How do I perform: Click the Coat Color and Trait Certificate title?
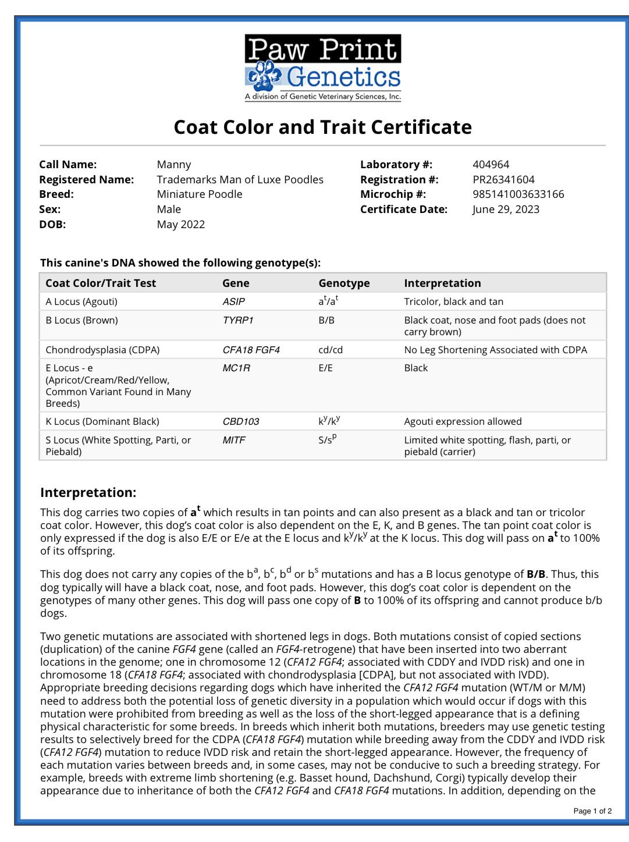tap(322, 127)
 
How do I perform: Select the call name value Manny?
tap(174, 165)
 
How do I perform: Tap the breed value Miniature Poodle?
tap(200, 194)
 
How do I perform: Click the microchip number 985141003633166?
tap(518, 194)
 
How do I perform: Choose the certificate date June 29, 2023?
tap(506, 209)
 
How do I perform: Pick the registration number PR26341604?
tap(503, 180)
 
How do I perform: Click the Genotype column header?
tap(344, 283)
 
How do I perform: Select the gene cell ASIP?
tap(233, 302)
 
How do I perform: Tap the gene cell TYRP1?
tap(238, 321)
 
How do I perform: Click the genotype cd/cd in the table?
tap(331, 350)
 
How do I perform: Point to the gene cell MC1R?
tap(236, 368)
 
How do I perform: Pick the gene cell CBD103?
tap(241, 422)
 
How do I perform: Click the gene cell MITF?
tap(234, 440)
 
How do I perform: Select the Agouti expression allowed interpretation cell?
tap(463, 422)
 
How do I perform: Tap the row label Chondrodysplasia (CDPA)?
tap(102, 350)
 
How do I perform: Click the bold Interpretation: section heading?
tap(88, 493)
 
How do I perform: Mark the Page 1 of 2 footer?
tap(592, 811)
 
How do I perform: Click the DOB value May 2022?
tap(181, 225)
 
